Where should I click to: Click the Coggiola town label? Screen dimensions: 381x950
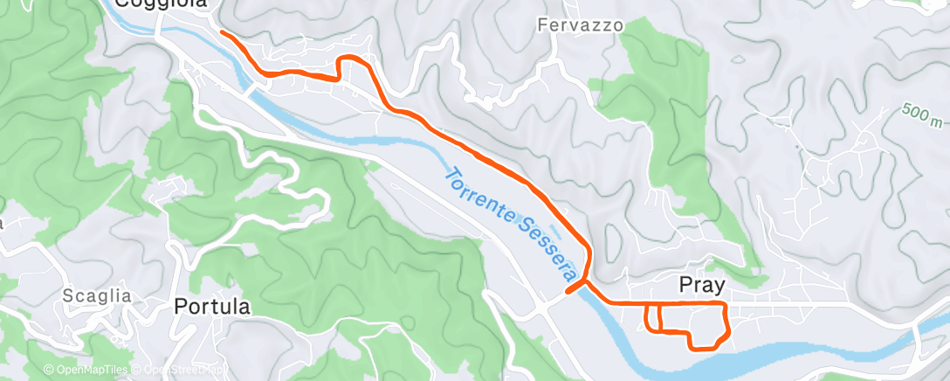pos(162,4)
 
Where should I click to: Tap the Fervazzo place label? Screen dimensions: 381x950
pos(581,25)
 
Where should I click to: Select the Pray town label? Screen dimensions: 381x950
pos(703,286)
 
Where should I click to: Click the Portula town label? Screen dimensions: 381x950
pos(212,307)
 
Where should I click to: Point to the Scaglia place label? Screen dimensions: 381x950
pos(97,296)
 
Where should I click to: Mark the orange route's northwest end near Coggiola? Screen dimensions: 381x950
pos(220,33)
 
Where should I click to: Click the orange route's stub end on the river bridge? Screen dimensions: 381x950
pos(568,291)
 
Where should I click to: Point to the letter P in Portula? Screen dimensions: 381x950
pos(181,307)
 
